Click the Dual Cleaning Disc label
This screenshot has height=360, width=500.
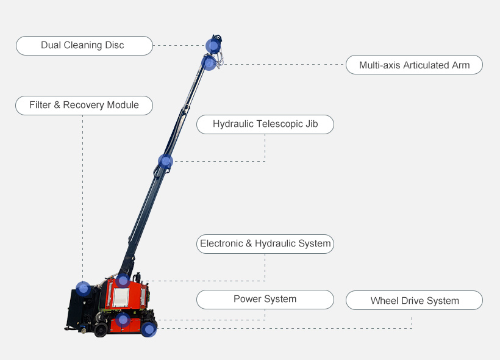(x=84, y=46)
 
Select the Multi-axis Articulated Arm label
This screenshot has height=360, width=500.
(x=414, y=65)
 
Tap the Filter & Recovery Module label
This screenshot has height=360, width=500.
(x=84, y=106)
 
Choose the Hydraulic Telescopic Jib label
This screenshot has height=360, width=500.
(x=265, y=124)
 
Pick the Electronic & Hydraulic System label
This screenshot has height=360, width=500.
(x=265, y=244)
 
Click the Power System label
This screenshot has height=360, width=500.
(x=265, y=300)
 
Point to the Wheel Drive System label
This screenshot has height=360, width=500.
(x=414, y=300)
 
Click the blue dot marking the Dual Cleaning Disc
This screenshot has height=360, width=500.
(x=213, y=46)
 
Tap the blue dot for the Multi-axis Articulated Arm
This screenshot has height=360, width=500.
(x=209, y=63)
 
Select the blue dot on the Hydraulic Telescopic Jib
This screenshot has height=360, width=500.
(x=165, y=162)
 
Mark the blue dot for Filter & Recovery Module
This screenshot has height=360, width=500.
(x=83, y=289)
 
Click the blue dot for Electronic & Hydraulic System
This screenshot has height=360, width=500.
(x=123, y=281)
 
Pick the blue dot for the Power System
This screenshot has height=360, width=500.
(x=123, y=320)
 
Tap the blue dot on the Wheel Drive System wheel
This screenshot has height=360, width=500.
(x=149, y=329)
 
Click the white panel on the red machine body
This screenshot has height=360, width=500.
(x=121, y=297)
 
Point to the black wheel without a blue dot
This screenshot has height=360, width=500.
(x=101, y=329)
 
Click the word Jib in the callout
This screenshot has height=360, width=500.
(x=312, y=124)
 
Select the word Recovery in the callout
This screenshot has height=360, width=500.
(x=84, y=105)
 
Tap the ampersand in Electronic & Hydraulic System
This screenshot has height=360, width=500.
(x=249, y=243)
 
